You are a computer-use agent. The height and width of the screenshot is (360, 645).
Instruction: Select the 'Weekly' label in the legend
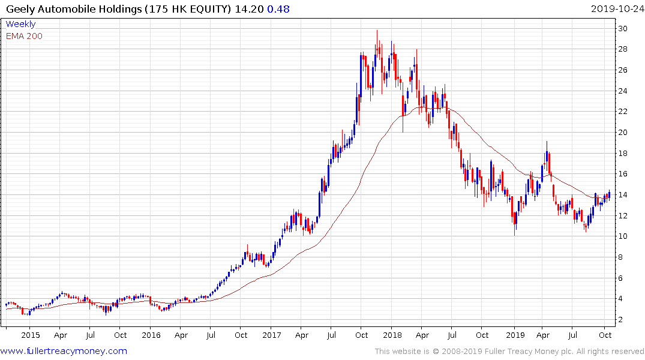pos(20,24)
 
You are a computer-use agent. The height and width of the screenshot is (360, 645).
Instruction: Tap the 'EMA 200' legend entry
pos(24,36)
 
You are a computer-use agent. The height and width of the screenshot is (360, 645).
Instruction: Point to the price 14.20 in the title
pos(251,9)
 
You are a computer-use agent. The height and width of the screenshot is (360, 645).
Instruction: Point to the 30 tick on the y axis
pos(623,29)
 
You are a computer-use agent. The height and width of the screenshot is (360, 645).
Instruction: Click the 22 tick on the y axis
pos(623,112)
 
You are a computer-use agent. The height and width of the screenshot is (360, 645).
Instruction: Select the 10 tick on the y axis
pos(623,236)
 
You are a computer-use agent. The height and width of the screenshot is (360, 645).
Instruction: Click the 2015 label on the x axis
pos(30,335)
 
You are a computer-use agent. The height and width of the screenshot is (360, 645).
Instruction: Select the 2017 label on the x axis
pos(272,335)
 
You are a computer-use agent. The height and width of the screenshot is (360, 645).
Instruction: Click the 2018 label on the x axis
pos(392,335)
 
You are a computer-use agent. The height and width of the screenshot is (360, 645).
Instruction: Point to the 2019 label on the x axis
pos(515,335)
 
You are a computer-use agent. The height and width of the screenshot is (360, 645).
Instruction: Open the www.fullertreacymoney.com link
pos(64,351)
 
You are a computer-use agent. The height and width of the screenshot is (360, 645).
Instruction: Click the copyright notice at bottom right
pos(509,352)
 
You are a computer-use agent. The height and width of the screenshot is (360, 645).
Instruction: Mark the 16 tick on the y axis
pos(623,174)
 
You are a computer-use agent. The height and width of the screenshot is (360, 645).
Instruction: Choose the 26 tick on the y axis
pos(623,70)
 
